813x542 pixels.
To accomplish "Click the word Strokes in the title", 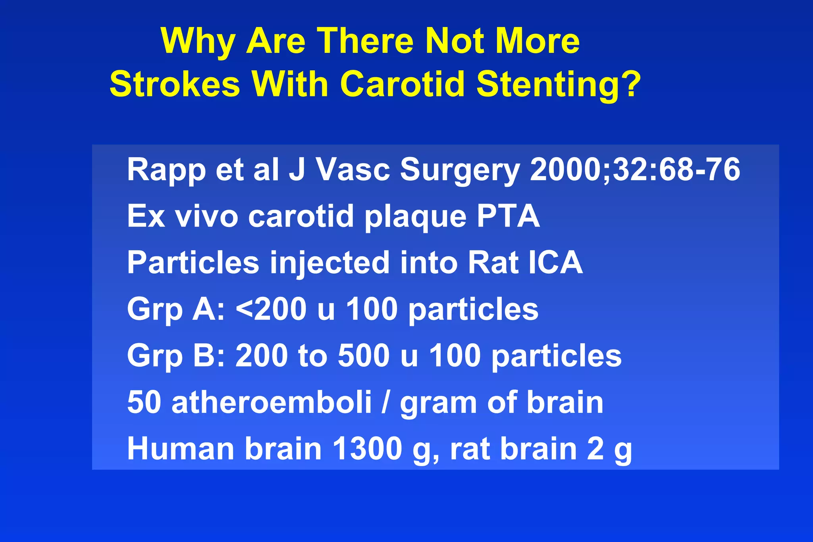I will click(x=175, y=84).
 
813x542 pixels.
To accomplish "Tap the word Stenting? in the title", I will click(x=559, y=84).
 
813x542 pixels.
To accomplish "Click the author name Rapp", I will click(x=166, y=170).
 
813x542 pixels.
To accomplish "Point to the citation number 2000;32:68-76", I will click(x=635, y=170).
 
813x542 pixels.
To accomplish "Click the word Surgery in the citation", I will click(x=460, y=170).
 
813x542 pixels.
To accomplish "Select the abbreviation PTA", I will click(x=508, y=216).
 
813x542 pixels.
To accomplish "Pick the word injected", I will click(x=329, y=263).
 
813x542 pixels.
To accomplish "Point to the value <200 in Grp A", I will click(x=271, y=309).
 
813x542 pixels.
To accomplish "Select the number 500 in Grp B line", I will click(x=363, y=356).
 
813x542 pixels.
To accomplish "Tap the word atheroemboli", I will click(x=272, y=402).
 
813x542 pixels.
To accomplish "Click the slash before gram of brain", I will click(x=385, y=402).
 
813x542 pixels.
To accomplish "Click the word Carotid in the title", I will click(x=402, y=84).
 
